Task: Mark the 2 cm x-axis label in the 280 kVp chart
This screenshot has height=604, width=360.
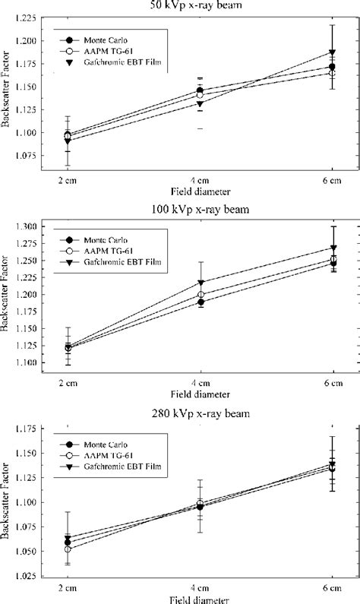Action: (x=68, y=589)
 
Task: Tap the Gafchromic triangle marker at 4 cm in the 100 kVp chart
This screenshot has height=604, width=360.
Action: (x=200, y=283)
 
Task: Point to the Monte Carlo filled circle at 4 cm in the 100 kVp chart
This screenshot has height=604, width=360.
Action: (x=200, y=302)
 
